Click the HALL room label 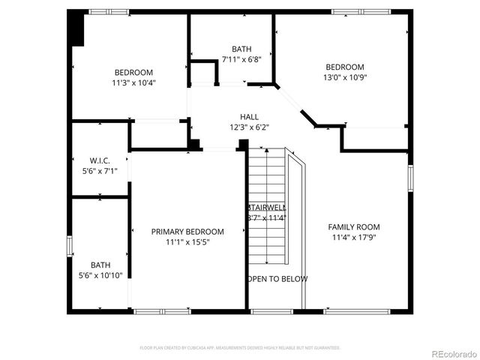249,117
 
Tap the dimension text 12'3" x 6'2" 249,127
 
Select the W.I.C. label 100,160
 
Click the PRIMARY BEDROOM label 187,232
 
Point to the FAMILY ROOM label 354,227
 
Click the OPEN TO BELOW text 277,279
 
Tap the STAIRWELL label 265,208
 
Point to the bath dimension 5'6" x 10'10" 100,275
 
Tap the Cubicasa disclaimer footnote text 240,348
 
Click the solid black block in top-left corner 76,29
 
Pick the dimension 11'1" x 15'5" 187,243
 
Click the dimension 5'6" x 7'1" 100,171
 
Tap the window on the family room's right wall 410,177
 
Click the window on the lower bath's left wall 69,246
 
